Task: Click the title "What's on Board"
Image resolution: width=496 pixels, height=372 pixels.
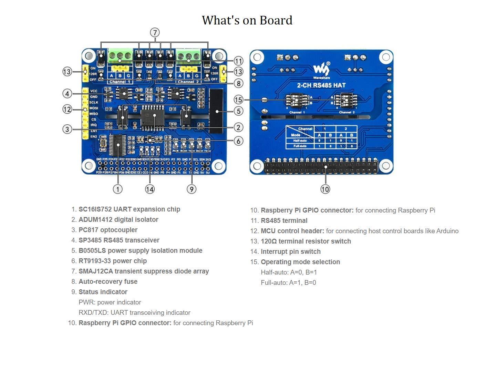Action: [x=247, y=20]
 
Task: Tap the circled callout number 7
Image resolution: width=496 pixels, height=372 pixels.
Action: [x=155, y=33]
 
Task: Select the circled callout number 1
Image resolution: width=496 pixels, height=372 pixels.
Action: [x=118, y=189]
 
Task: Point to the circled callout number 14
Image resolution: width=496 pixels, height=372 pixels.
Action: [x=150, y=189]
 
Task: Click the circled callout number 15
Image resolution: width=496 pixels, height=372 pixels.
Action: [x=238, y=100]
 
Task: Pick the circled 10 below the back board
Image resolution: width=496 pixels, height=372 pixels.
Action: [x=325, y=189]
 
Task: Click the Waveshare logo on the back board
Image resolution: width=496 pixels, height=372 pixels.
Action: [x=321, y=70]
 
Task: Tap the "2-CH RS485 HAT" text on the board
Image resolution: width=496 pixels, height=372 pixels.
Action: [x=321, y=85]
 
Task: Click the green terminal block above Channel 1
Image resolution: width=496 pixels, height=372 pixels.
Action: [x=120, y=56]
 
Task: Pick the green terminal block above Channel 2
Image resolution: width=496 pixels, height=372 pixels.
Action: [x=188, y=56]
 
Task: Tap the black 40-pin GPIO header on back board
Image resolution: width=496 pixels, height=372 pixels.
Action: [x=320, y=167]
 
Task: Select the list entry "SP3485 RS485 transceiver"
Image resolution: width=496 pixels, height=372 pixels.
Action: [x=119, y=240]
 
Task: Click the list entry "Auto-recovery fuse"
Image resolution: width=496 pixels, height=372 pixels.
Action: [x=108, y=282]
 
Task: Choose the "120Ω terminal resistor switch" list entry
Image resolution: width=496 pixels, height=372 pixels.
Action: [x=306, y=241]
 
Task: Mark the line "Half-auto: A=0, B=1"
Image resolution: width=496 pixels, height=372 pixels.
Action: [x=289, y=272]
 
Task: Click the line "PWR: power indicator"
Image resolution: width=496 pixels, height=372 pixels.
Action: [x=110, y=302]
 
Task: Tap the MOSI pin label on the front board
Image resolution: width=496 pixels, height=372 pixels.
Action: [x=94, y=108]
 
